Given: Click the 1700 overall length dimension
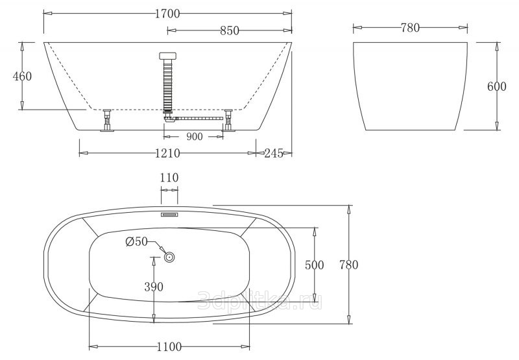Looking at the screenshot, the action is pos(167,14).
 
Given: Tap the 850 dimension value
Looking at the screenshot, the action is pos(230,30).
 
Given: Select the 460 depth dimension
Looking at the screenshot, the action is pos(22,77).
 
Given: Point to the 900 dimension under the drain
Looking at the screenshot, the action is pos(194,136).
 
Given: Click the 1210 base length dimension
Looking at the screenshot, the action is pos(167,153).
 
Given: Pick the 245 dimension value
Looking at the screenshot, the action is pos(274,153).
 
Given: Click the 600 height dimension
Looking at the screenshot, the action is pos(496,86).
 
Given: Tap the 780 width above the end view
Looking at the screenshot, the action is pos(410,28).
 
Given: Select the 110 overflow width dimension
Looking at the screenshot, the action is pos(169,178).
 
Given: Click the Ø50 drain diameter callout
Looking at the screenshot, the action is pos(136,242).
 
